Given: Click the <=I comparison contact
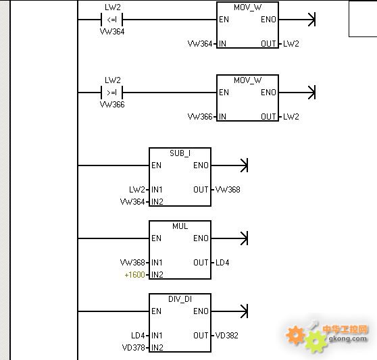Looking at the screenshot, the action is [111, 20].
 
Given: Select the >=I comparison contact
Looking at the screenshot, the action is [111, 93].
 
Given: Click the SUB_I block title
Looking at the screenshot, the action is [180, 153].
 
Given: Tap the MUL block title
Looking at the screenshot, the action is [180, 226].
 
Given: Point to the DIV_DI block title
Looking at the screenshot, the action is [180, 299].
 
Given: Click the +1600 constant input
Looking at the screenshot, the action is [134, 275].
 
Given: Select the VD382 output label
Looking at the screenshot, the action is [227, 336].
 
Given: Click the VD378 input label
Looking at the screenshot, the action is [134, 347].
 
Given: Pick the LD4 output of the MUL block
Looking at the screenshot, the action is [222, 263].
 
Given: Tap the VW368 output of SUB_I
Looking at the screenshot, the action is [228, 190].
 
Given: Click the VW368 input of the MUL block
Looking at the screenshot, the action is [132, 263].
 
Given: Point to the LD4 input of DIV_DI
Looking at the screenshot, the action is [138, 336].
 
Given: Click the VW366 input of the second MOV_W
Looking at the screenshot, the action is [200, 117].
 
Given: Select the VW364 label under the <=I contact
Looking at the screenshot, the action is [112, 32].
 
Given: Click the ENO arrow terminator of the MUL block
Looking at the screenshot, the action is [245, 238].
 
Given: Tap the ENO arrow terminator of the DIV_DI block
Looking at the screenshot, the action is [245, 311].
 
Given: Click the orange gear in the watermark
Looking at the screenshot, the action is [295, 335].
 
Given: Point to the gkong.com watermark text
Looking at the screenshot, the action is [348, 338].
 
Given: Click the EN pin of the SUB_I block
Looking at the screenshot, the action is [156, 165].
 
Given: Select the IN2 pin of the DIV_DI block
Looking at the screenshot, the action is [157, 347].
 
